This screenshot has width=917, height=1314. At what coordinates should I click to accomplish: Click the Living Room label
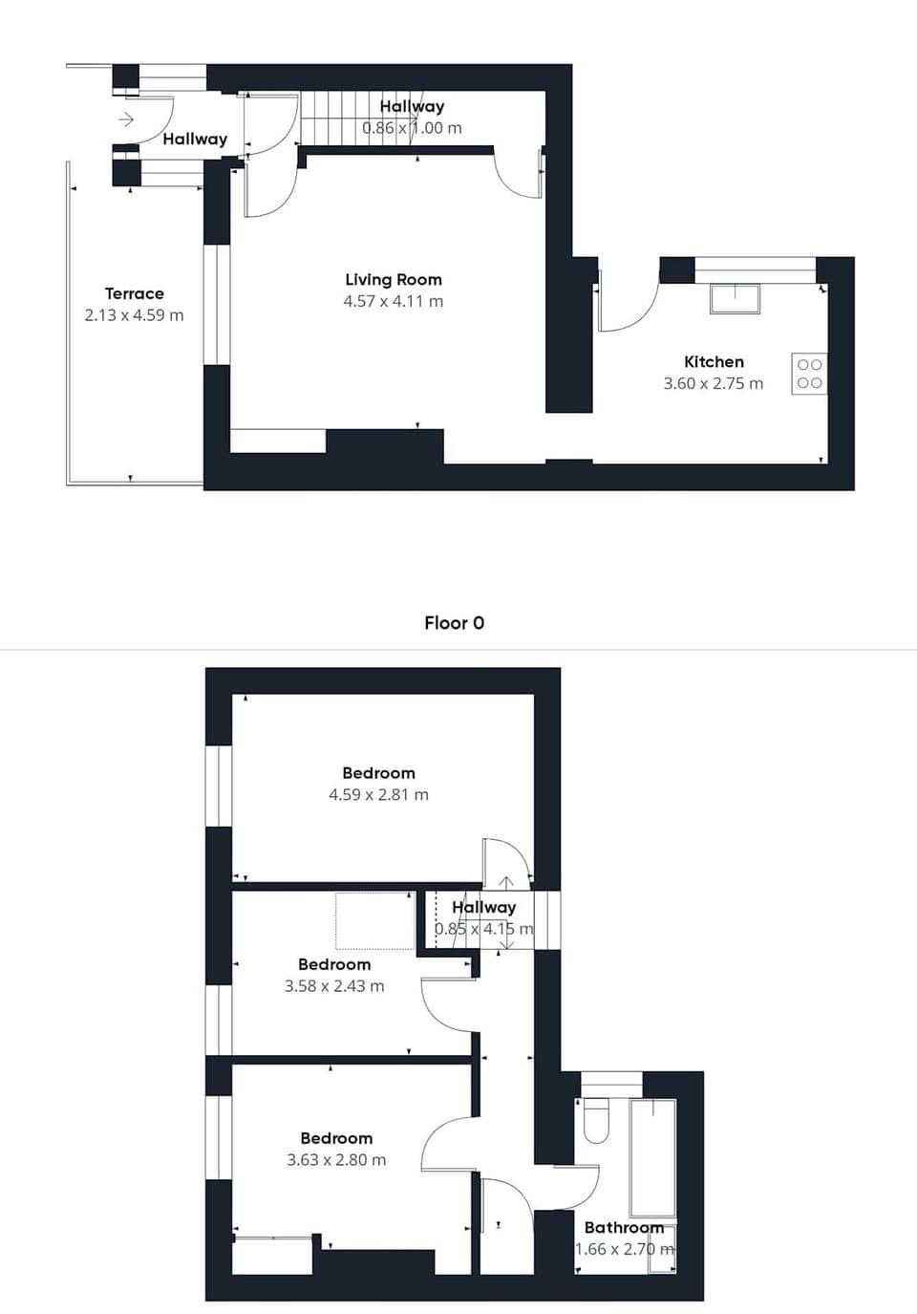(x=393, y=279)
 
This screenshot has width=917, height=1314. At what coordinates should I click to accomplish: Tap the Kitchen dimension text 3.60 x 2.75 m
(x=713, y=383)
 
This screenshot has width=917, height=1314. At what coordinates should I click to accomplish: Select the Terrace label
(x=134, y=293)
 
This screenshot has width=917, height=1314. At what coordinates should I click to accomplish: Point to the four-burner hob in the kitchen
(x=808, y=374)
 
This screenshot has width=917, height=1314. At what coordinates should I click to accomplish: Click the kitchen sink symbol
(x=735, y=298)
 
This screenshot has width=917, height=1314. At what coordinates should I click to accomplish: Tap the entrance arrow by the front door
(x=126, y=119)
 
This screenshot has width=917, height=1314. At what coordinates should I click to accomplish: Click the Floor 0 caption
(x=454, y=622)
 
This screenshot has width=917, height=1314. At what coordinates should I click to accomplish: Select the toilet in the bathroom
(x=596, y=1120)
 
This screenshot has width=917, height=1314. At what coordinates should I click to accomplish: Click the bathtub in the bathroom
(x=652, y=1156)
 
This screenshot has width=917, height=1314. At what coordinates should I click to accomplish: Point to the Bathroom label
(x=623, y=1227)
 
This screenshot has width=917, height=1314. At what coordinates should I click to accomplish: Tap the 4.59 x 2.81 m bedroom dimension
(x=378, y=794)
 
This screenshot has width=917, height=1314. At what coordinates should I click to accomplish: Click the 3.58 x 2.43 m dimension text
(x=334, y=985)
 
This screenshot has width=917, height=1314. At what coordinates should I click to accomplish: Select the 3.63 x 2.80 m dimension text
(x=336, y=1159)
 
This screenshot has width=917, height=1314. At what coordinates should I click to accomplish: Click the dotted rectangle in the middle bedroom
(x=373, y=920)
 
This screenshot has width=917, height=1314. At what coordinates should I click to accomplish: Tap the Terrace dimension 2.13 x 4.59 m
(x=134, y=314)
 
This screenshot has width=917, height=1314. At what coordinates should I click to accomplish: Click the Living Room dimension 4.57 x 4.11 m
(x=393, y=301)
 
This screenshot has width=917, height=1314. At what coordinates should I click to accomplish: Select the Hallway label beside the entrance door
(x=195, y=139)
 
